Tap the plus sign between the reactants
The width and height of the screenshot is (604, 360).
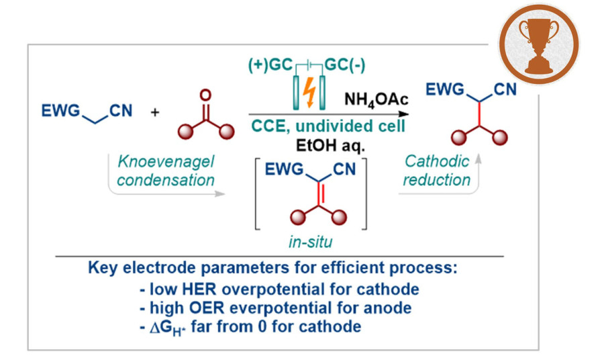[156, 112]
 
